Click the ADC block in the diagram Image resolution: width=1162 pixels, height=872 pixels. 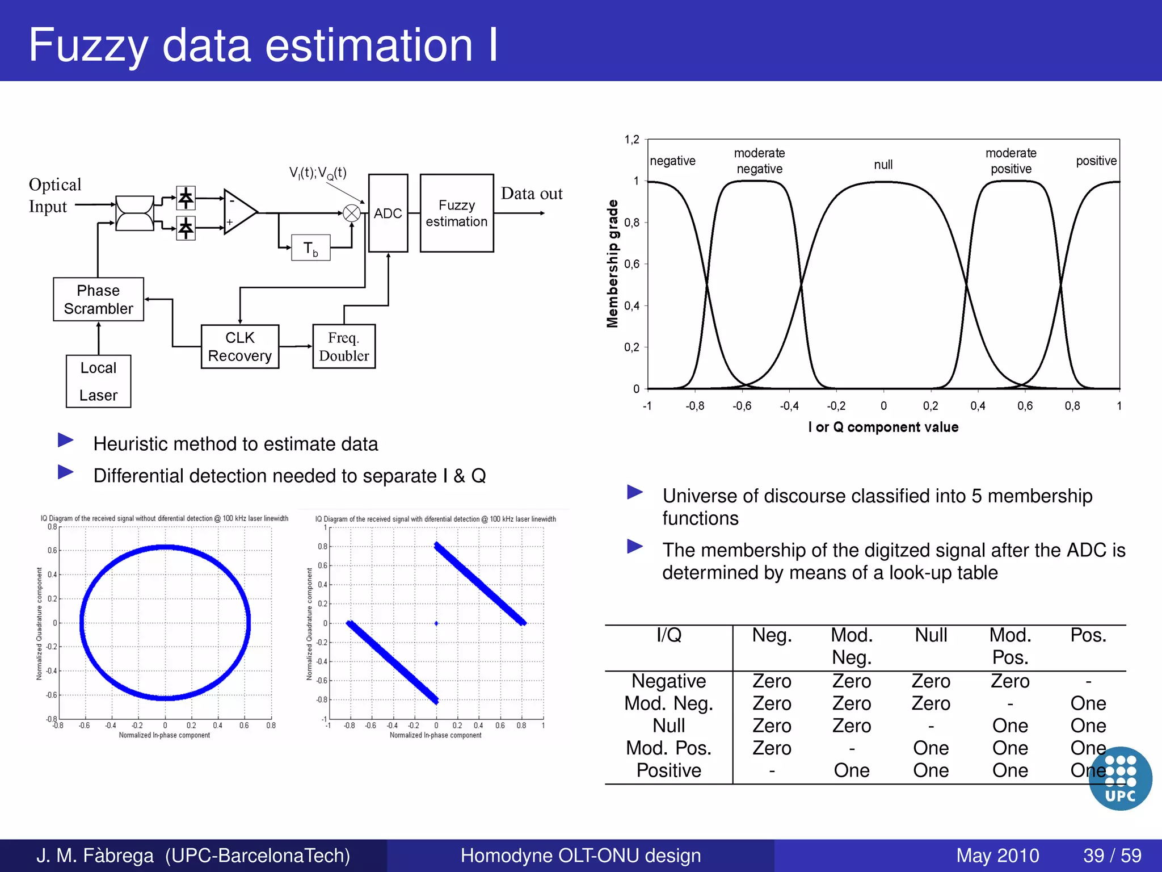click(x=388, y=213)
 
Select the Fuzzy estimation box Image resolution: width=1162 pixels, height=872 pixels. click(x=457, y=213)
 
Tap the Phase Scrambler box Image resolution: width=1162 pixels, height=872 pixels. click(x=98, y=299)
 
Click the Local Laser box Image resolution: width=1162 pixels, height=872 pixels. click(x=98, y=381)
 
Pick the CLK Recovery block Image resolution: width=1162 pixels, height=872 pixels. click(x=240, y=346)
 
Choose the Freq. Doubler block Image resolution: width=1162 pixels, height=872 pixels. click(x=344, y=346)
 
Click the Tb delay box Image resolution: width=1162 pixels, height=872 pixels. click(x=310, y=248)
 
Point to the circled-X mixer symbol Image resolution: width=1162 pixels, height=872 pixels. click(x=352, y=213)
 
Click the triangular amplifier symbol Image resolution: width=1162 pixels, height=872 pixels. click(x=239, y=212)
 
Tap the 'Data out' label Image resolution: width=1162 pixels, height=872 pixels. click(x=532, y=194)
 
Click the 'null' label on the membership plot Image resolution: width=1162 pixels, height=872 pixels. click(x=883, y=165)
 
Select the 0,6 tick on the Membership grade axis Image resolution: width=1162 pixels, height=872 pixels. click(x=631, y=264)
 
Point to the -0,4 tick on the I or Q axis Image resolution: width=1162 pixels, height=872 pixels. click(x=789, y=406)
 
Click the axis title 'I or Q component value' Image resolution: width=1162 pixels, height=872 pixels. click(x=883, y=427)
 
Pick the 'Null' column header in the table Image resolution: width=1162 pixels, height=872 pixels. click(x=931, y=635)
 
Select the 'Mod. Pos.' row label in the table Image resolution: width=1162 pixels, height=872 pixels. click(x=668, y=748)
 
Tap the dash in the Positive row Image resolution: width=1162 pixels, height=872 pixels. click(x=772, y=771)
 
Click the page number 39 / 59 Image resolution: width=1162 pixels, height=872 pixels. click(x=1112, y=856)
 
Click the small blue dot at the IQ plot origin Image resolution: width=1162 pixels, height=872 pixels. click(x=436, y=623)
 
